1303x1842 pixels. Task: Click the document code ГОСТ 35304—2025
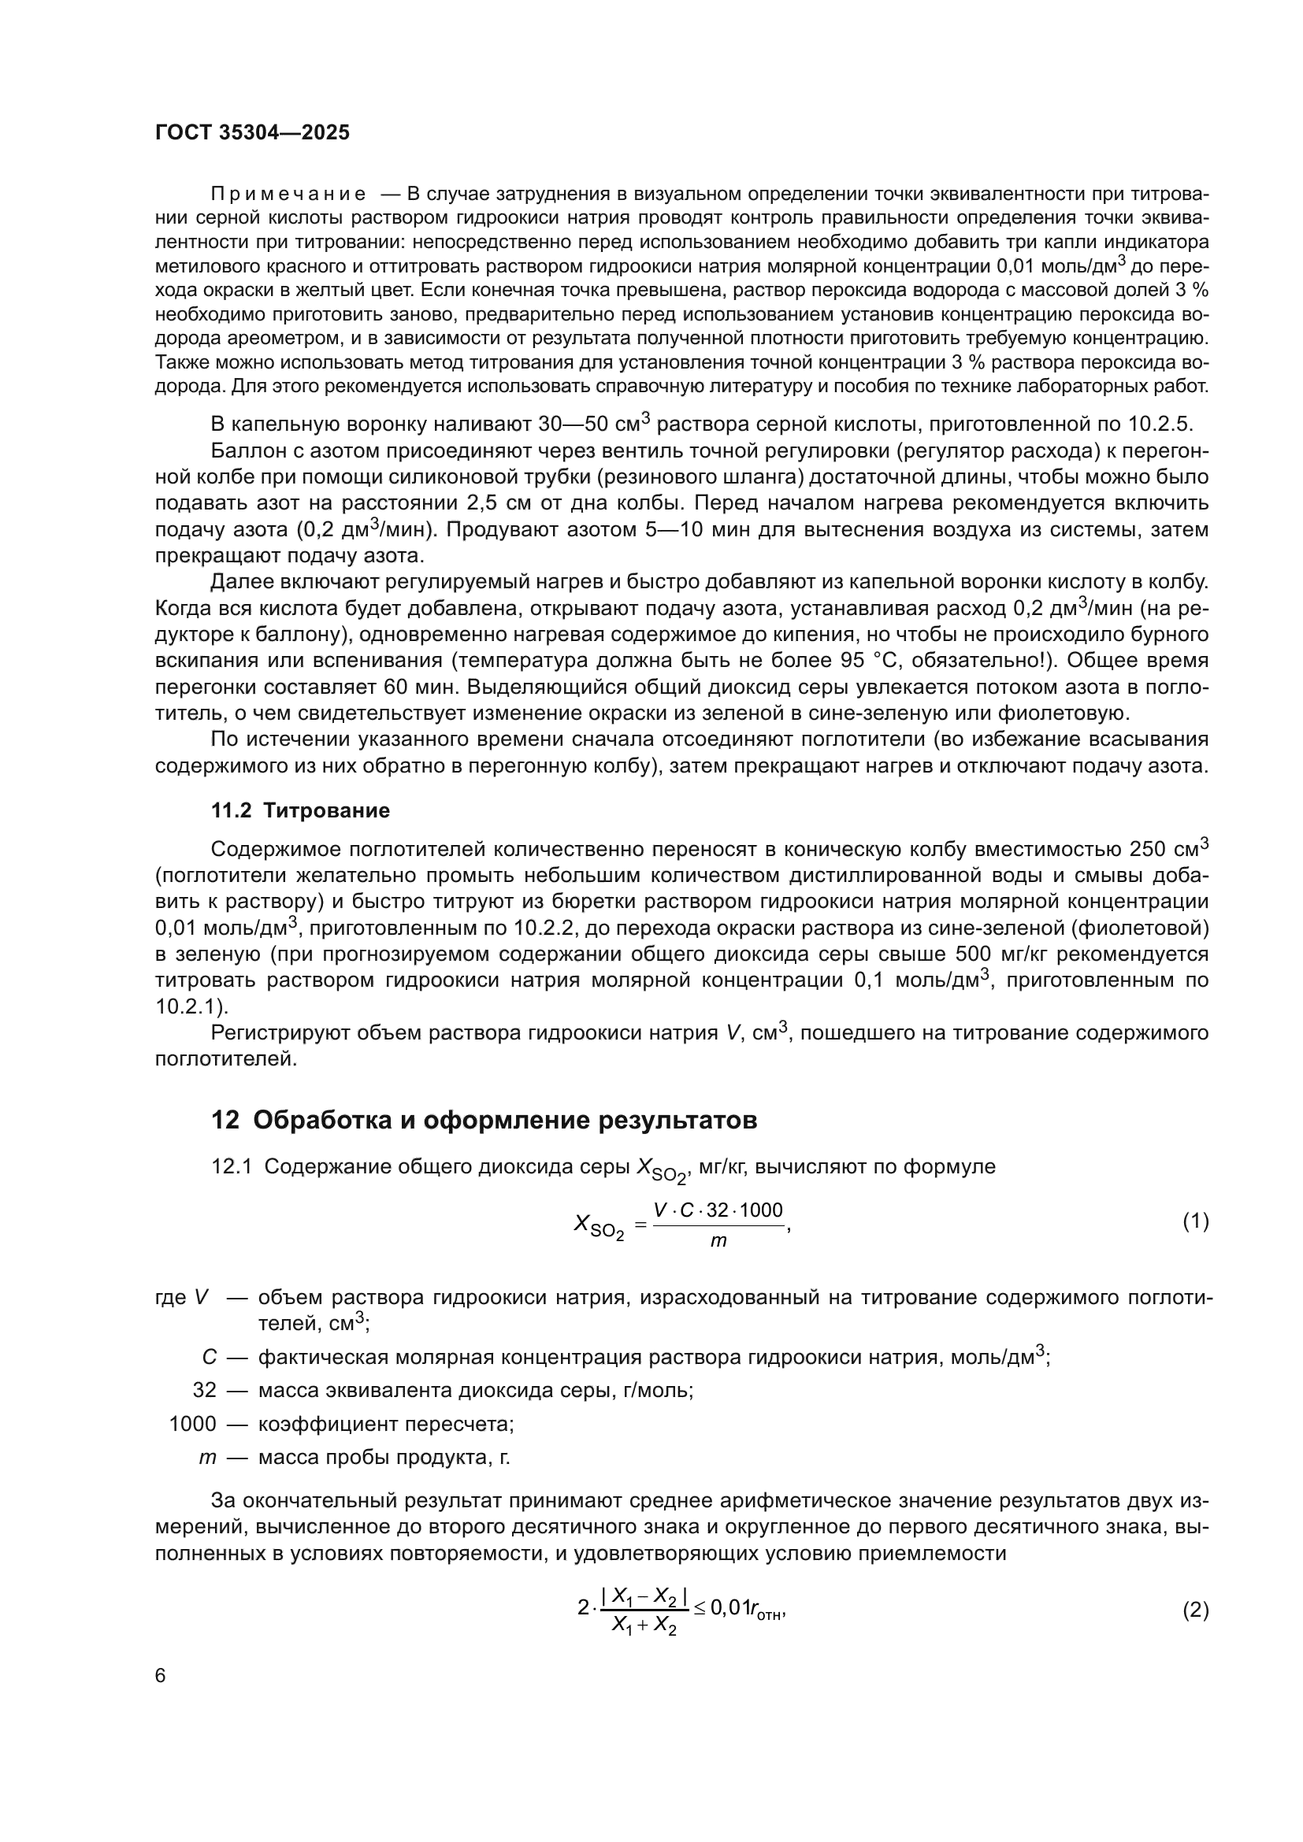coord(252,133)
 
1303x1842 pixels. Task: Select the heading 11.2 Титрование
coord(300,810)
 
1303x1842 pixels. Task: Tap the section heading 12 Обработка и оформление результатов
coord(484,1120)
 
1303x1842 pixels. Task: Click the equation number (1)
coord(1195,1222)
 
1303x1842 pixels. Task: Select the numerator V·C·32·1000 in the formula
coord(718,1210)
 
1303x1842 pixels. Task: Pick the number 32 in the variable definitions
coord(205,1390)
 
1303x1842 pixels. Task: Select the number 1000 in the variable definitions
coord(192,1424)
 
